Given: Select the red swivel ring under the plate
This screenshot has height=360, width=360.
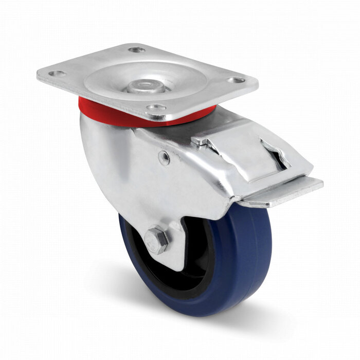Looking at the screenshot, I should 103,109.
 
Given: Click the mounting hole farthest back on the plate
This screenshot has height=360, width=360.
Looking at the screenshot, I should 136,50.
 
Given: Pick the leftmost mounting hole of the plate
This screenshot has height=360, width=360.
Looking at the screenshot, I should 57,74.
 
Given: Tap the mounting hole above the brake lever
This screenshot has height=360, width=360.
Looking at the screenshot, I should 236,80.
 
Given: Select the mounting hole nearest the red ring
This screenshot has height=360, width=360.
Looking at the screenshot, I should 156,108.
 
